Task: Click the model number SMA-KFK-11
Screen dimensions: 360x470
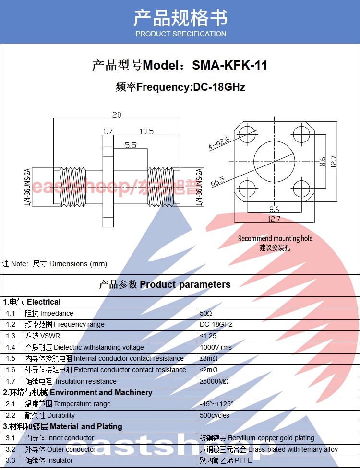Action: pos(229,65)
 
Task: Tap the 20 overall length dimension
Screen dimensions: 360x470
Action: pos(117,115)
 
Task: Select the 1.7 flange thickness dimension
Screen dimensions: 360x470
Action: pos(108,131)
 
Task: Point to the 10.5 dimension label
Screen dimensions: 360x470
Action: pos(146,131)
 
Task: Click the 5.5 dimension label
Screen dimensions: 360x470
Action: pos(131,145)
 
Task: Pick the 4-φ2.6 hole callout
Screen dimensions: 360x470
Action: pos(219,143)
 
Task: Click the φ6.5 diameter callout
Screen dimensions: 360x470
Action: pos(217,182)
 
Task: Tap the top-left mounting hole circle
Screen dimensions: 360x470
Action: pos(247,134)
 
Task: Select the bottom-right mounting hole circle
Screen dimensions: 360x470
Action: pos(301,189)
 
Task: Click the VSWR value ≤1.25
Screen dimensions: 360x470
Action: pos(208,336)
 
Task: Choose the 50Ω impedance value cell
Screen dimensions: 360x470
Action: pos(206,313)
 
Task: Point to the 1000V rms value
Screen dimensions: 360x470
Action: pos(216,347)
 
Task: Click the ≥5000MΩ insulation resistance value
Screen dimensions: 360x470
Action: pos(214,382)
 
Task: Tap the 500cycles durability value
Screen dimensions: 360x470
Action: pos(215,416)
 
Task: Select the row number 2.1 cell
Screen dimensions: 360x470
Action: pos(11,404)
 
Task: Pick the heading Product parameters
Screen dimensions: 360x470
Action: pos(185,284)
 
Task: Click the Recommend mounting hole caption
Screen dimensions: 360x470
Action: pos(275,239)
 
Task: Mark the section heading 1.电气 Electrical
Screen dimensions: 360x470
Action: pos(32,302)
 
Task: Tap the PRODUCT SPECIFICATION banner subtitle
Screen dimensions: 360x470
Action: pos(181,34)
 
